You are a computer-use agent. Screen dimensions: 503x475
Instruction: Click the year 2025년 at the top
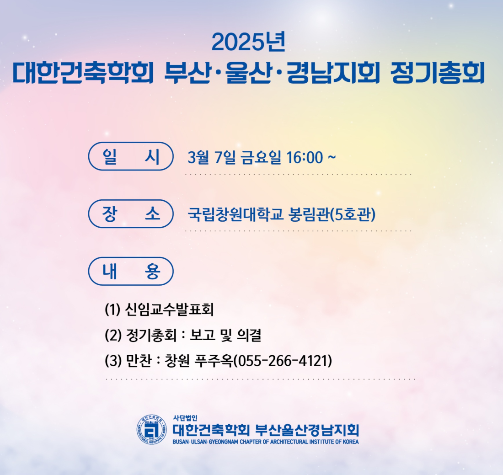click(248, 43)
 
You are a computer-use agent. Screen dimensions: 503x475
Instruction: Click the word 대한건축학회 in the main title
click(83, 73)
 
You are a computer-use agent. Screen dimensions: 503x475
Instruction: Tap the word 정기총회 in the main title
click(438, 73)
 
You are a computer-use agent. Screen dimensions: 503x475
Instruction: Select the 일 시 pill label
click(131, 156)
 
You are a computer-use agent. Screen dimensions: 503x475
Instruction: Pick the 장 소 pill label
click(131, 213)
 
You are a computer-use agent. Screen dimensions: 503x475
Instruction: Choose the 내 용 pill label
click(131, 271)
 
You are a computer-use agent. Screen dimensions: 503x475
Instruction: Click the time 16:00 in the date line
click(305, 157)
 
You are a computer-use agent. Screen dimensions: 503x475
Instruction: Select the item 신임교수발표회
click(169, 310)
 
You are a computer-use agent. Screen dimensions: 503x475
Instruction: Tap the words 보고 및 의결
click(225, 335)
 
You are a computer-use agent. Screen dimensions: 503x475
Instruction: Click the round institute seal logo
click(152, 429)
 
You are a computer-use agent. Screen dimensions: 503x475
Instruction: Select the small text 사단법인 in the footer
click(185, 418)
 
